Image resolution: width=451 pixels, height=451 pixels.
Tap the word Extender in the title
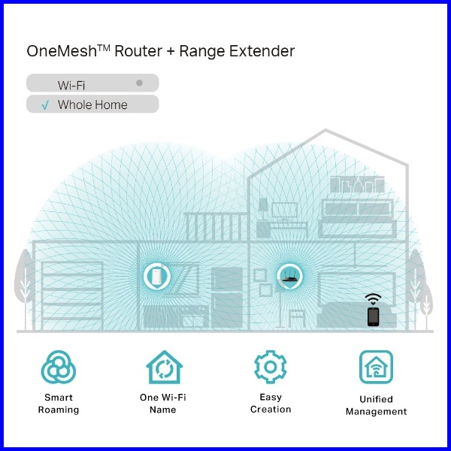tap(265, 52)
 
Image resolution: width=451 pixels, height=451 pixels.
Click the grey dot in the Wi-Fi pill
tap(139, 83)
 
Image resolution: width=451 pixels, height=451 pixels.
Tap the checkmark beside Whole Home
tap(45, 104)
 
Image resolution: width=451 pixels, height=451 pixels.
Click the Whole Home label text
tap(92, 104)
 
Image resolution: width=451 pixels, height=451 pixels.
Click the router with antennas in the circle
tap(290, 277)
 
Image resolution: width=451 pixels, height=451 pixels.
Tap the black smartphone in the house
tap(373, 316)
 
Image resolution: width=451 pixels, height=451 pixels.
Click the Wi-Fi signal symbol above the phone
tap(373, 298)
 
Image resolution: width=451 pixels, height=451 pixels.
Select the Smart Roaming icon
tap(59, 368)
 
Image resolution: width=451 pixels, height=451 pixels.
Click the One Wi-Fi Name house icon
tap(163, 368)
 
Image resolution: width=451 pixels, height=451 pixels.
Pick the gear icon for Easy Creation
tap(270, 367)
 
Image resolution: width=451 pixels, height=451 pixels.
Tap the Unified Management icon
tap(376, 367)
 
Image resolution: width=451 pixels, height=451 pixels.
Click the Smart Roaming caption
tap(59, 404)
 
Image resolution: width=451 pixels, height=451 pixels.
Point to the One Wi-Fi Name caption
tap(163, 404)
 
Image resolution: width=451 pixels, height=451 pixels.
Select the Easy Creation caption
tap(271, 403)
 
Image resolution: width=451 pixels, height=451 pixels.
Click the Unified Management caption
tap(376, 405)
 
